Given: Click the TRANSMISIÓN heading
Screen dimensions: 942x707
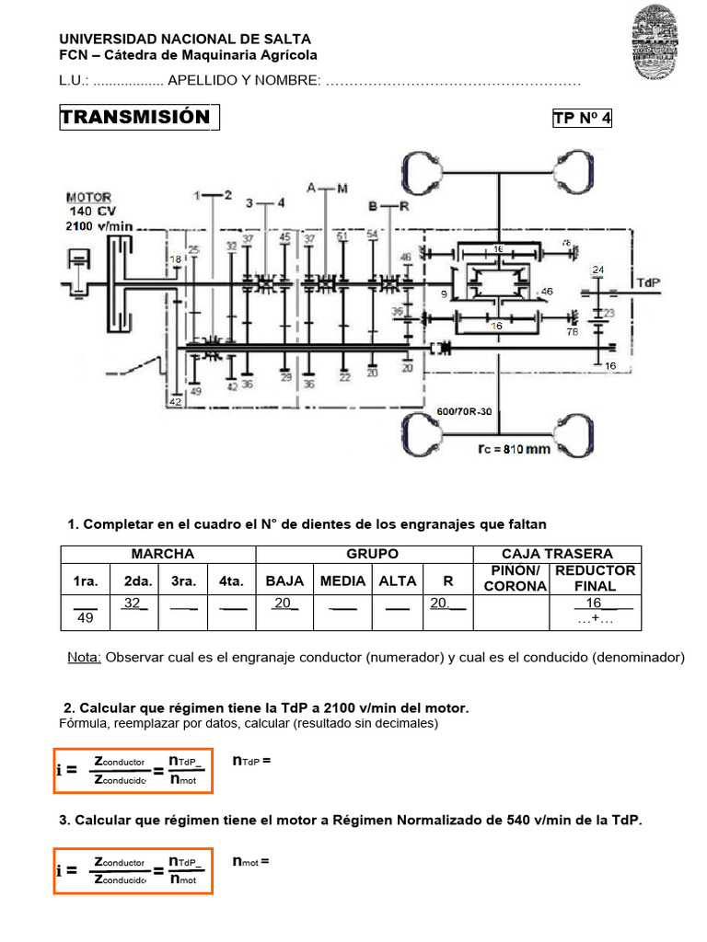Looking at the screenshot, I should point(135,118).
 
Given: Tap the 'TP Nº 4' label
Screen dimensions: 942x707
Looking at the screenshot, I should point(582,119).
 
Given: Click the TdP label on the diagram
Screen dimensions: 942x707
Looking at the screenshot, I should point(647,281).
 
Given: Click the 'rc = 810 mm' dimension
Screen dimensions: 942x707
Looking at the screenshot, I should point(513,450).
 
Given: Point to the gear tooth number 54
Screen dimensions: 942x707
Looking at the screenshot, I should point(372,235).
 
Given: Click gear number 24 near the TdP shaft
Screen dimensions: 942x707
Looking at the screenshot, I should point(598,270).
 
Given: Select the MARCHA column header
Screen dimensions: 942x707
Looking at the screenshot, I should point(163,554).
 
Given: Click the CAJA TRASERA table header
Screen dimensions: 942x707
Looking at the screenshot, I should point(557,554).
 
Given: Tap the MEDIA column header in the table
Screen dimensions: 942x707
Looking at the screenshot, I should point(343,580).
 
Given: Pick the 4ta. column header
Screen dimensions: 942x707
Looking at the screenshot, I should point(231,580).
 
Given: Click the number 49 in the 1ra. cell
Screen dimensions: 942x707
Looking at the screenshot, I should point(85,618).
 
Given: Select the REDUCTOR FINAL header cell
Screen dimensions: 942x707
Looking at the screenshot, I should point(595,579).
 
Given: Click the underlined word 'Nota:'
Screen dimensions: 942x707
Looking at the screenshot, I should point(86,658).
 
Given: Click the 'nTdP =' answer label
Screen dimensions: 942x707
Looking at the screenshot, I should point(253,761).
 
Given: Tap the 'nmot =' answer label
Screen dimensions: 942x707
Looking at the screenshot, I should point(252,862).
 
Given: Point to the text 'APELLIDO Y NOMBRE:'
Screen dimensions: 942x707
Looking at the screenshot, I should point(244,81).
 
